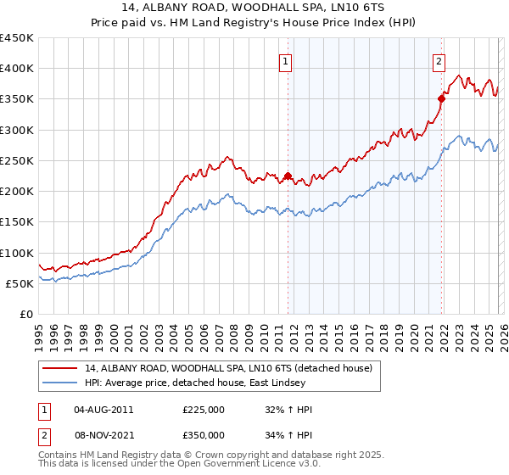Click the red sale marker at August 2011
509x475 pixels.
pos(288,176)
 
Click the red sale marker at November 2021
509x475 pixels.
pos(442,99)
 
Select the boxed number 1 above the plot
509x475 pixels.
pos(285,61)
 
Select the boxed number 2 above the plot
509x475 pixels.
pos(439,61)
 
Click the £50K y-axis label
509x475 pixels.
pos(20,283)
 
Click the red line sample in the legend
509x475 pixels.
pos(60,369)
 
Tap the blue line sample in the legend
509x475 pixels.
pos(60,383)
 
